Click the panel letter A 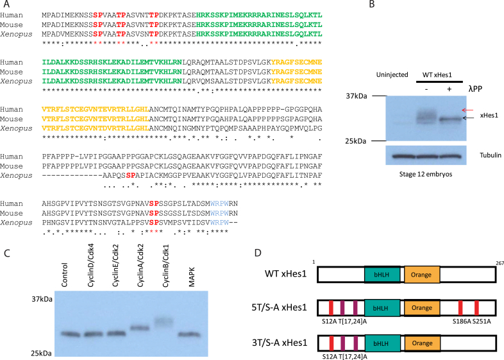(6, 5)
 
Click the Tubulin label (474, 155)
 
